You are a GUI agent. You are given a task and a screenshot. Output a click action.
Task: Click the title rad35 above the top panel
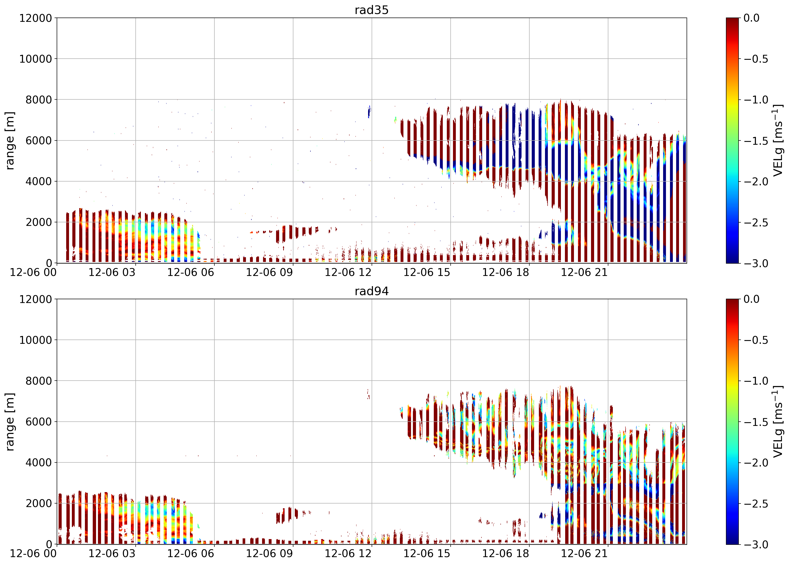click(371, 10)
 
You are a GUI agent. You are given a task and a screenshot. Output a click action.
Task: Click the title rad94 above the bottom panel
click(371, 291)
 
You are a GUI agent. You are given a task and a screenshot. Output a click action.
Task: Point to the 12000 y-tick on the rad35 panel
click(35, 18)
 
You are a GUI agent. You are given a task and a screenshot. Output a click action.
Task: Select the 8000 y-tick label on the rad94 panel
click(39, 381)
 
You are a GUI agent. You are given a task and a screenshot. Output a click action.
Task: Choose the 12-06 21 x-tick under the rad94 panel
click(585, 553)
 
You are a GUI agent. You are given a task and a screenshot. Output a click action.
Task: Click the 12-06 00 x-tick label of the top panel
click(33, 272)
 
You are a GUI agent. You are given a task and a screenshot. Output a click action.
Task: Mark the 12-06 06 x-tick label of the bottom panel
click(190, 553)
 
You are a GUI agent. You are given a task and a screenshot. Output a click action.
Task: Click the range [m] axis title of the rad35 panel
click(10, 141)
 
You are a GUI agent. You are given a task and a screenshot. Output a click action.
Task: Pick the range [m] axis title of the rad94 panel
click(10, 422)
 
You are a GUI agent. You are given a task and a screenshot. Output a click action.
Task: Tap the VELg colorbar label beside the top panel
click(777, 141)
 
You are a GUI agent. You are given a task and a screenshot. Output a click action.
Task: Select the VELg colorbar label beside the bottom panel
click(777, 422)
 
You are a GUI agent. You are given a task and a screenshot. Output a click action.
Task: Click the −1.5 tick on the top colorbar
click(756, 141)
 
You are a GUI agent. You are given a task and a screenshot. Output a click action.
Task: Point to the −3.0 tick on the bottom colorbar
click(756, 545)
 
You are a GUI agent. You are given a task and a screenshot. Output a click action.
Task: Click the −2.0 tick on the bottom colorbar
click(756, 463)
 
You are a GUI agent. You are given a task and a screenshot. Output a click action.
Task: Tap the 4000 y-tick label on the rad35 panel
click(39, 181)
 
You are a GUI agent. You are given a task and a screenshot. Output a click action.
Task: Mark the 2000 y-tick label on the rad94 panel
click(39, 503)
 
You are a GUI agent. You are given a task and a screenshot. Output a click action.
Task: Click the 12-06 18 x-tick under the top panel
click(506, 272)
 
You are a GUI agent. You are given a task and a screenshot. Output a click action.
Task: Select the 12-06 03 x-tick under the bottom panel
click(112, 553)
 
